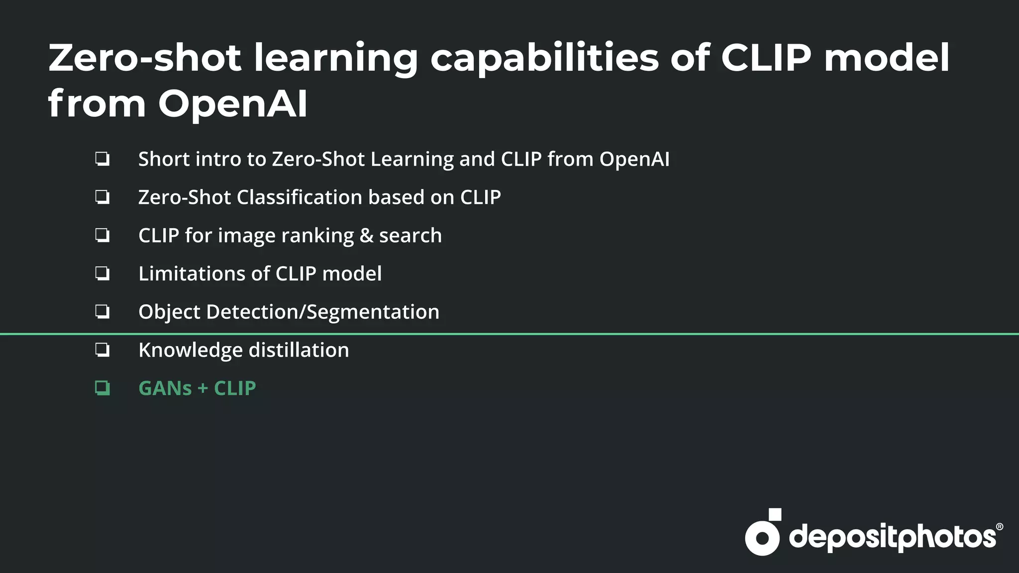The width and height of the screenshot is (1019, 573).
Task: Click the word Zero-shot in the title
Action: [x=145, y=58]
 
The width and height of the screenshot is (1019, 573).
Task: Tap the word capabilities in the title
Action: [x=544, y=59]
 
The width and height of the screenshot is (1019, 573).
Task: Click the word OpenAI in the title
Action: [x=233, y=104]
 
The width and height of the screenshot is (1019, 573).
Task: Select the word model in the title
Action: [x=887, y=58]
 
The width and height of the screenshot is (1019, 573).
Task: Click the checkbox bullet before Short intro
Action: [x=102, y=159]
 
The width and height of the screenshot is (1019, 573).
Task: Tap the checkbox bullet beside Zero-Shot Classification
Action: [x=102, y=197]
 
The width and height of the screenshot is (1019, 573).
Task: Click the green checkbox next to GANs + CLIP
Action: [x=102, y=388]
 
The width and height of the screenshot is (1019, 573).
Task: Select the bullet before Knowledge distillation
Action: [x=102, y=350]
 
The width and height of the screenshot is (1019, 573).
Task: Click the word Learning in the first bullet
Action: [x=411, y=160]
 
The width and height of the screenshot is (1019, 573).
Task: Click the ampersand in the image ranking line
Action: [x=366, y=236]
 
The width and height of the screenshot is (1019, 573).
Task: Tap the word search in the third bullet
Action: [x=410, y=236]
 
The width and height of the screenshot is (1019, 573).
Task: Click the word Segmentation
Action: [x=373, y=312]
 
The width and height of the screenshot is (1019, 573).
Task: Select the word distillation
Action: [x=299, y=350]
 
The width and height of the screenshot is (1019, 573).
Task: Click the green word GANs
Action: [x=165, y=388]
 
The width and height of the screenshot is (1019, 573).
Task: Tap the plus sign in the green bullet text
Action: [x=203, y=388]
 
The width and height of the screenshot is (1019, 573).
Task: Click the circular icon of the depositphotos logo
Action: [x=762, y=537]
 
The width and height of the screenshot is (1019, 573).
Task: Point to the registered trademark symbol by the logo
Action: [x=999, y=527]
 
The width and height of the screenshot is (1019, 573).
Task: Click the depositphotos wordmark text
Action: [x=892, y=538]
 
